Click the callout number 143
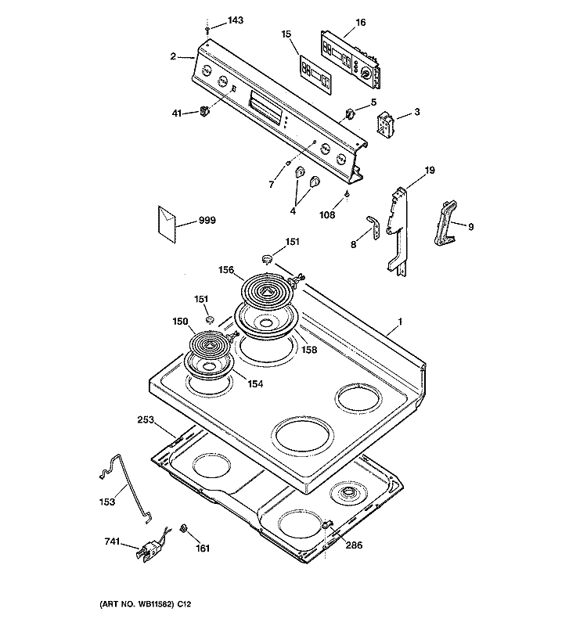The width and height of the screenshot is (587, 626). (236, 20)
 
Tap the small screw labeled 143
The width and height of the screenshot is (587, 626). (207, 30)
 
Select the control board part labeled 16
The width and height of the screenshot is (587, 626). (350, 60)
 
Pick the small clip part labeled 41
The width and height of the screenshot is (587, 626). (205, 111)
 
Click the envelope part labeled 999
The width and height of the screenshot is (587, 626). (167, 224)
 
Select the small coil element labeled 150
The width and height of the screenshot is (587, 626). (209, 345)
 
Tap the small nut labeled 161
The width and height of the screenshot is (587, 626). (184, 529)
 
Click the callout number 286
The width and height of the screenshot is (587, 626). (354, 545)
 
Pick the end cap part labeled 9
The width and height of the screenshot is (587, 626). (445, 224)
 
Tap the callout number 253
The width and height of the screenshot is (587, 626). (146, 419)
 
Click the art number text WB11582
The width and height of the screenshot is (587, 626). (155, 604)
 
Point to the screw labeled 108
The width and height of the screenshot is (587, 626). (348, 193)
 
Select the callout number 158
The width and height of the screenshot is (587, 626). (309, 350)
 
